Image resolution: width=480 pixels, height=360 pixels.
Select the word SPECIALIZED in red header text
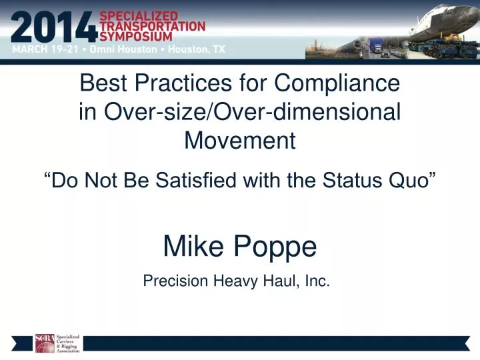139,15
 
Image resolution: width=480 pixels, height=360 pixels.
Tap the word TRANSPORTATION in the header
153,25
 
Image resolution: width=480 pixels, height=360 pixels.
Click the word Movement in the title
240,141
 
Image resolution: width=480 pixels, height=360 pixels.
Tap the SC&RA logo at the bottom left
57,343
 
